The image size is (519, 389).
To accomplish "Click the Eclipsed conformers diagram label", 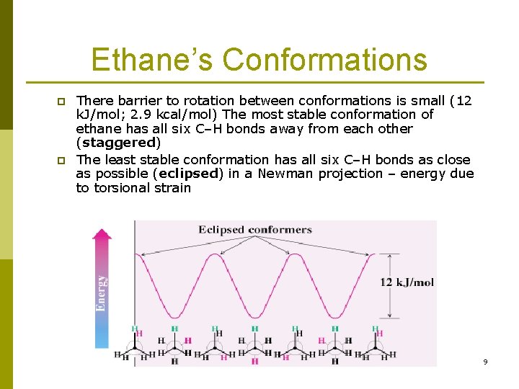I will (x=255, y=230).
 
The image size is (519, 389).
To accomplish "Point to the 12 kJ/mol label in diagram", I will (x=407, y=282).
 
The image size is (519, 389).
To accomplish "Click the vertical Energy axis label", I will (x=102, y=292).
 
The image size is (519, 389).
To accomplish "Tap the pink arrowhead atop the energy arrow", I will (x=102, y=234).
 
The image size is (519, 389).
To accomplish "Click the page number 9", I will (x=485, y=362).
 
